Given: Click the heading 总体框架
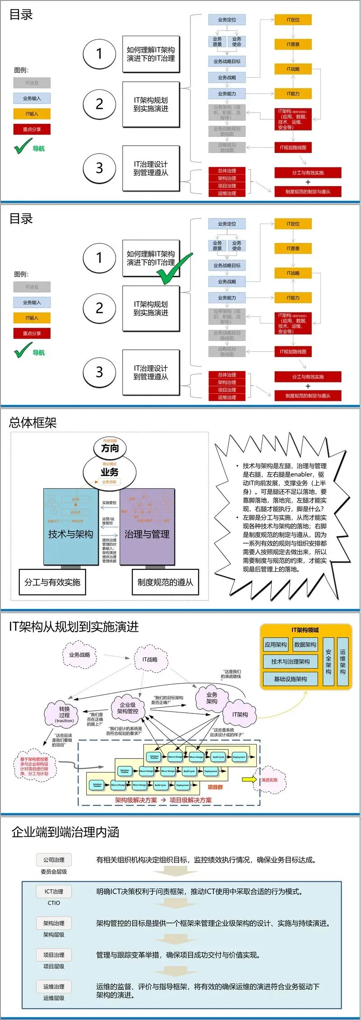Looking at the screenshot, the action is (32, 423).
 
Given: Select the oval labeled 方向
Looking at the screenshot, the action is (110, 448).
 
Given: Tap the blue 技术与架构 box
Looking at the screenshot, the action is (70, 534).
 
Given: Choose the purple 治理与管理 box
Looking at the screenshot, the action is (147, 534).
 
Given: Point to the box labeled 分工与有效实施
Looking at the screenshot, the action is (52, 582).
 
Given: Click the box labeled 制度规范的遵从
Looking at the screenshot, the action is (165, 582).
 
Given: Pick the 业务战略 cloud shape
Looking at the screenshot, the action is (79, 655).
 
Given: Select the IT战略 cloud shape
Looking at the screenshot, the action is (150, 659).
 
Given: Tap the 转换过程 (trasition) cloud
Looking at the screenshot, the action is (65, 714).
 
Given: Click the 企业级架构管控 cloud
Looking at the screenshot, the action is (128, 708).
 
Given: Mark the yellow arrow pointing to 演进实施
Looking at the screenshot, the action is (249, 779).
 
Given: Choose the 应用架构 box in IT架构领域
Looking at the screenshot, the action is (276, 645).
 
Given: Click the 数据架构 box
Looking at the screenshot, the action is (305, 645).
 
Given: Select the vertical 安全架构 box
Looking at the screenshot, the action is (329, 662).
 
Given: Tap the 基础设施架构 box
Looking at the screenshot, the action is (290, 679).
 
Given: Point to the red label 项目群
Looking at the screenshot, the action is (215, 787).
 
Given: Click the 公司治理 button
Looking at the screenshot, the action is (54, 860).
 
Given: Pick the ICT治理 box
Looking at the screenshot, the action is (54, 891).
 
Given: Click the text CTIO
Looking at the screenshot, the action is (54, 903).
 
